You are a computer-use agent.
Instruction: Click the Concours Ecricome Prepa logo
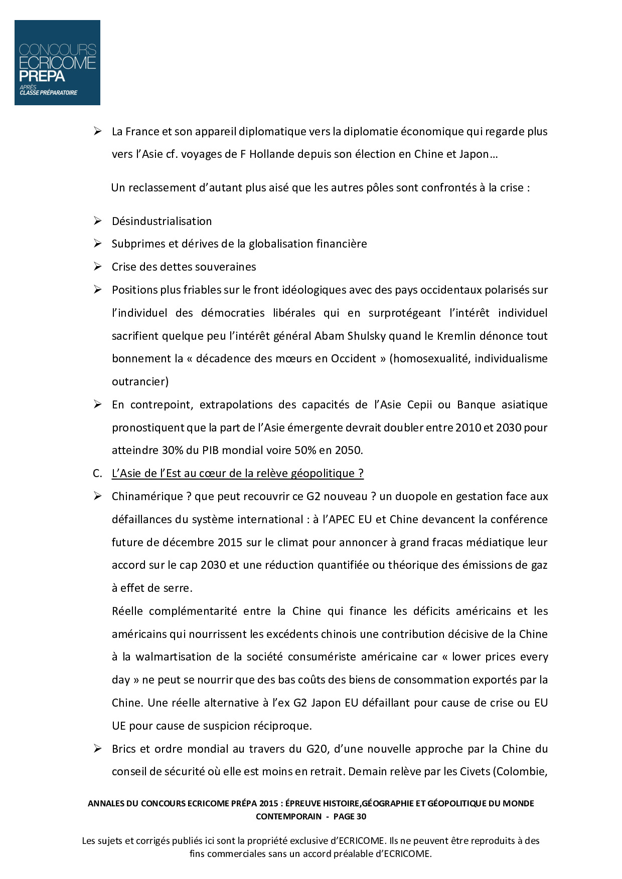click(x=57, y=63)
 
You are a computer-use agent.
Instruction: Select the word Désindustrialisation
click(x=162, y=221)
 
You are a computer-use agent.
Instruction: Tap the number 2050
click(x=347, y=450)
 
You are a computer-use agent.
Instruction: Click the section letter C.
click(x=97, y=473)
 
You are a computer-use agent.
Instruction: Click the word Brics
click(x=123, y=749)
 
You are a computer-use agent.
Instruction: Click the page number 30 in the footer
click(x=361, y=816)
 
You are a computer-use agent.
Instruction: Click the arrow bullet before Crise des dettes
click(x=97, y=267)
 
